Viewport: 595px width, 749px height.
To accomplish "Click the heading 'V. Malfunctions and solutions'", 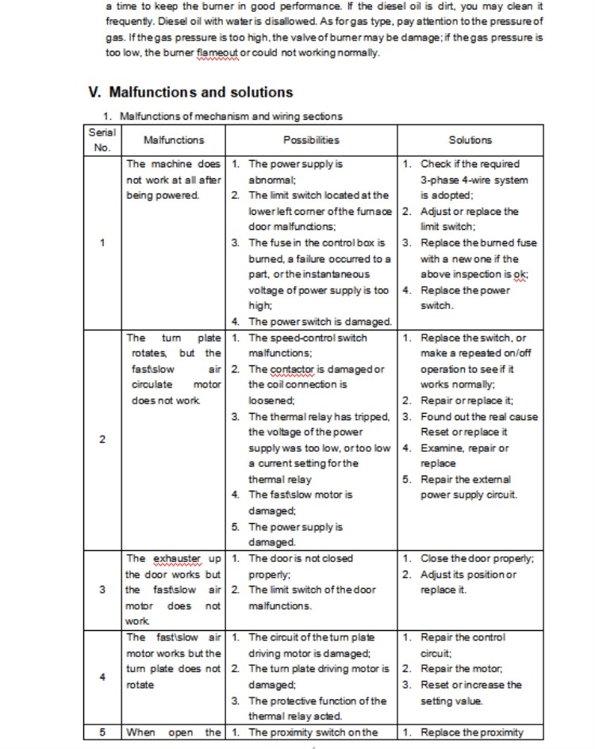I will [190, 92].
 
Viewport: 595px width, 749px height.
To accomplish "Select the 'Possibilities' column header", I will [311, 140].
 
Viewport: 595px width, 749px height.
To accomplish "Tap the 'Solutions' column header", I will [470, 140].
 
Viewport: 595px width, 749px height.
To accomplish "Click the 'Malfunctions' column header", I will [174, 140].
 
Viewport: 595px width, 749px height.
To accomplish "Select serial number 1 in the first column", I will [102, 243].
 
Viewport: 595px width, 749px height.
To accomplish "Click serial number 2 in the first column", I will [102, 440].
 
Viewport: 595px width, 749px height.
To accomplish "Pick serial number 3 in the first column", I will [102, 590].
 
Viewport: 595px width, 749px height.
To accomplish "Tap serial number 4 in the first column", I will [102, 676].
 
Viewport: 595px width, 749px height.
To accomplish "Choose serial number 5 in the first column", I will [102, 732].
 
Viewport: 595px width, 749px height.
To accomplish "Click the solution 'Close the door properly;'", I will [477, 558].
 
